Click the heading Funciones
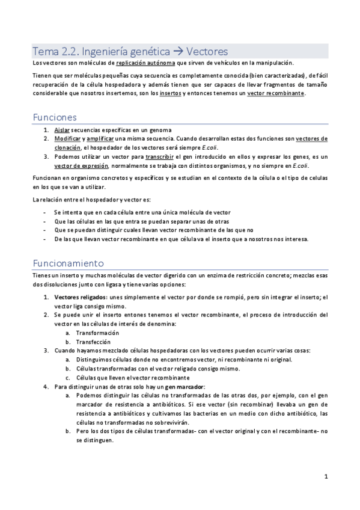pyautogui.click(x=55, y=117)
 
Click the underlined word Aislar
pyautogui.click(x=61, y=130)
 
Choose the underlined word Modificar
pyautogui.click(x=67, y=138)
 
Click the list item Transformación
pyautogui.click(x=97, y=333)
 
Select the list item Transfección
pyautogui.click(x=93, y=342)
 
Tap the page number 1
pyautogui.click(x=325, y=477)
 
